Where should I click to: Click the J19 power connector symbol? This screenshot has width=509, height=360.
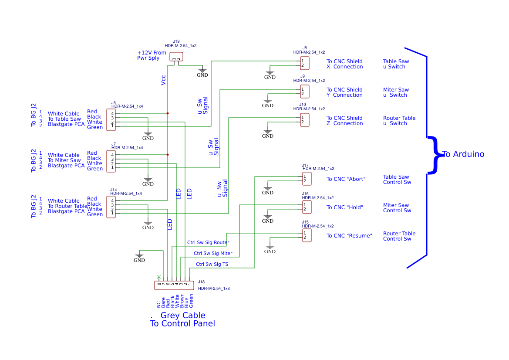176,57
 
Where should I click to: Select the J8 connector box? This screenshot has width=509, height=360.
305,63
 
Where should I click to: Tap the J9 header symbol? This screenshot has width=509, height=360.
305,92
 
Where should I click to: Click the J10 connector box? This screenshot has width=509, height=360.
305,120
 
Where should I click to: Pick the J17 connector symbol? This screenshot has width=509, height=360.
307,179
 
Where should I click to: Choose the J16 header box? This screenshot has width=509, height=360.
307,207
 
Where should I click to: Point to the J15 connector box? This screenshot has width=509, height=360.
307,235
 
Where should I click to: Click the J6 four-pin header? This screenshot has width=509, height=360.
111,120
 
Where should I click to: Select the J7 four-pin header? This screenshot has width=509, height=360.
111,161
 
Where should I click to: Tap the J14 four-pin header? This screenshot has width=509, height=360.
111,207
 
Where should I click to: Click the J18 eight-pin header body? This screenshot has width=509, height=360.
174,285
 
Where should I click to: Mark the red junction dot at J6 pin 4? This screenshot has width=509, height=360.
168,113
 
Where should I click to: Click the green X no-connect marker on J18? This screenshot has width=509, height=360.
159,277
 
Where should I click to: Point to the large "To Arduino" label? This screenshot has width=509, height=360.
463,154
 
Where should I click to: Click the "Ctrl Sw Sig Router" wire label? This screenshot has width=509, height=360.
208,242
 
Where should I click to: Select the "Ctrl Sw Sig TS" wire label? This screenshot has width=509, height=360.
212,264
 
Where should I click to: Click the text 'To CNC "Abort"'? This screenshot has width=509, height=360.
346,179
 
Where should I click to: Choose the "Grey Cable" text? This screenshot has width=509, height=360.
183,315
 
